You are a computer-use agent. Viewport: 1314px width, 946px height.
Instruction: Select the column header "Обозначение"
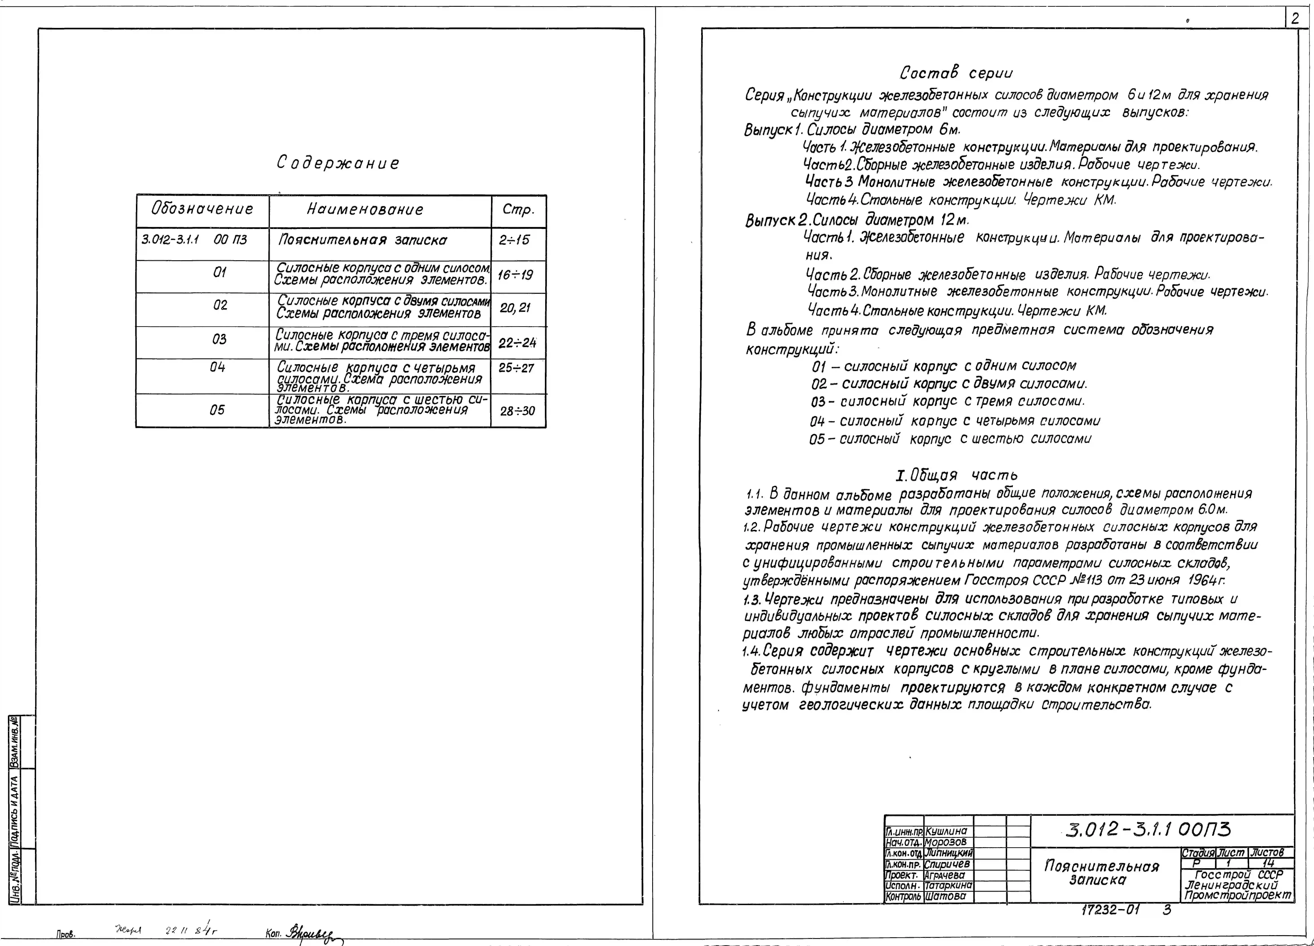pyautogui.click(x=202, y=209)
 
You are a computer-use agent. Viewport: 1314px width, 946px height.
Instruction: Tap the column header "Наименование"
pyautogui.click(x=365, y=210)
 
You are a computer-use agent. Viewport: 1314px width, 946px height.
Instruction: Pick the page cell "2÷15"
pyautogui.click(x=514, y=240)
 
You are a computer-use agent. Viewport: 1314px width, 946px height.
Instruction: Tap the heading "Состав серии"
pyautogui.click(x=956, y=74)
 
